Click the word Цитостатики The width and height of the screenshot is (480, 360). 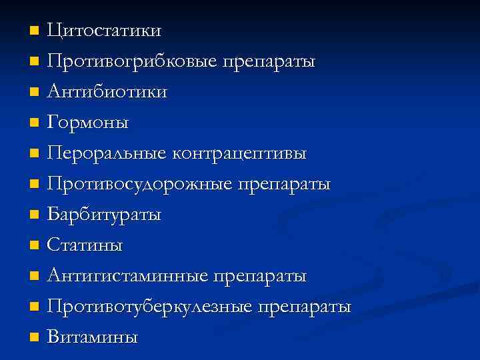point(104,31)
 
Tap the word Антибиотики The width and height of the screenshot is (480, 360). point(107,92)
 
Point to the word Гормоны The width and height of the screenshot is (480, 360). point(88,123)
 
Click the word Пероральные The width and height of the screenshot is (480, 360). point(107,153)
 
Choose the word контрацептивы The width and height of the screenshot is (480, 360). point(240,153)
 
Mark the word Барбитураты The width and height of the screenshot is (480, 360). point(104,215)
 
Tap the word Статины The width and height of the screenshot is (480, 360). point(85,245)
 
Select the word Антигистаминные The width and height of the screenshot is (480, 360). point(127,276)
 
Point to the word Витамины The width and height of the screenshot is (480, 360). point(92,337)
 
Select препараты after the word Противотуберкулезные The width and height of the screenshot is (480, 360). point(305,307)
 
